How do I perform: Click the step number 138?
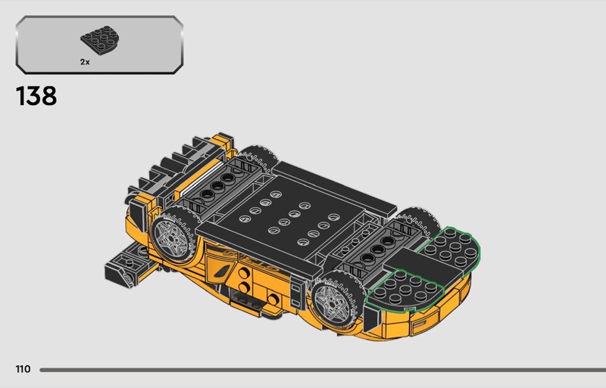(36, 96)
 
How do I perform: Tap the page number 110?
(23, 369)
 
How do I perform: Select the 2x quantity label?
(85, 62)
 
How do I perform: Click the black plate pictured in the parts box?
(100, 40)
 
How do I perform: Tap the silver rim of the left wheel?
(170, 237)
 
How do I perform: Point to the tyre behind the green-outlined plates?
(420, 223)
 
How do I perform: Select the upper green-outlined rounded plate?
(450, 248)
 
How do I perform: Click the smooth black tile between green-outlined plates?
(425, 265)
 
